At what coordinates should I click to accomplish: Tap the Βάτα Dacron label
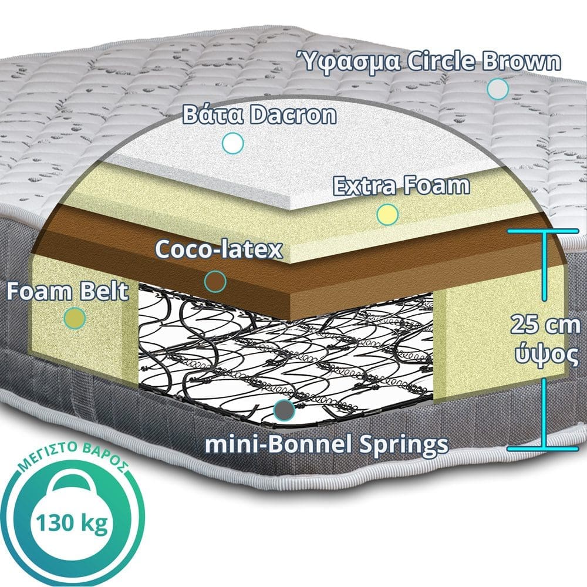tap(259, 114)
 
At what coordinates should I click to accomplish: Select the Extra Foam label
tap(401, 185)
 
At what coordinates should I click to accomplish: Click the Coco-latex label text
tap(218, 249)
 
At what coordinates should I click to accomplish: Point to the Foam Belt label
tap(68, 292)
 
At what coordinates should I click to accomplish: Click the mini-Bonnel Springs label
tap(326, 444)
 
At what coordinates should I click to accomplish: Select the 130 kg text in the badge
tap(72, 523)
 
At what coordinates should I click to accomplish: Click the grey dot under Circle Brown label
tap(498, 89)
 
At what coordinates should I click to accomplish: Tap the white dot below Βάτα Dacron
tap(233, 143)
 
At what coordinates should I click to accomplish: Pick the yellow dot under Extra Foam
tap(387, 214)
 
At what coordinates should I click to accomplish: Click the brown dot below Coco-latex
tap(215, 282)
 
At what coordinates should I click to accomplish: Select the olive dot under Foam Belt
tap(75, 318)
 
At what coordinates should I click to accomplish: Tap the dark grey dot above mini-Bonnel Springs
tap(284, 410)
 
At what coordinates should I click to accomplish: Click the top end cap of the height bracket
tap(543, 231)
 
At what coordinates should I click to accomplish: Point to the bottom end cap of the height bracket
tap(543, 448)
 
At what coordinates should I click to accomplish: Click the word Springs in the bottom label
tap(403, 445)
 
